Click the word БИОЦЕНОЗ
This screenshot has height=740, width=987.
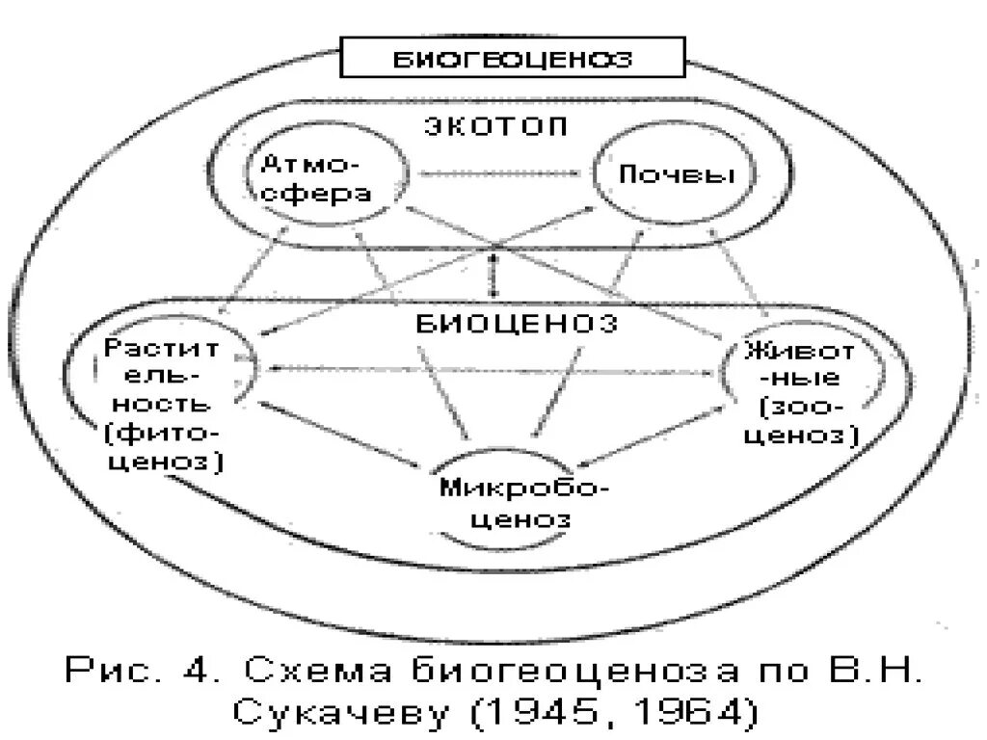517,323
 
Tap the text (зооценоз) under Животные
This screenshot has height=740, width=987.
808,421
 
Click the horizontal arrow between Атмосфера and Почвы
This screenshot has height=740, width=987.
502,174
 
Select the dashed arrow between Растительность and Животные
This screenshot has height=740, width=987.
492,368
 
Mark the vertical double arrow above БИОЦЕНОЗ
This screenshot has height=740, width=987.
494,272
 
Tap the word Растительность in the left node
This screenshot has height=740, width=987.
159,371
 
